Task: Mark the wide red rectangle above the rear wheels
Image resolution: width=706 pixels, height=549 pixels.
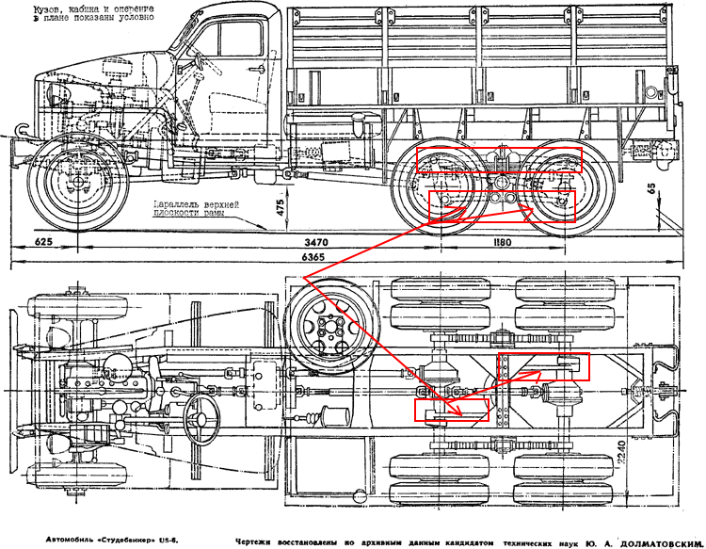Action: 501,159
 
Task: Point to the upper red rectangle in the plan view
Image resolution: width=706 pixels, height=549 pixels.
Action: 542,367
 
